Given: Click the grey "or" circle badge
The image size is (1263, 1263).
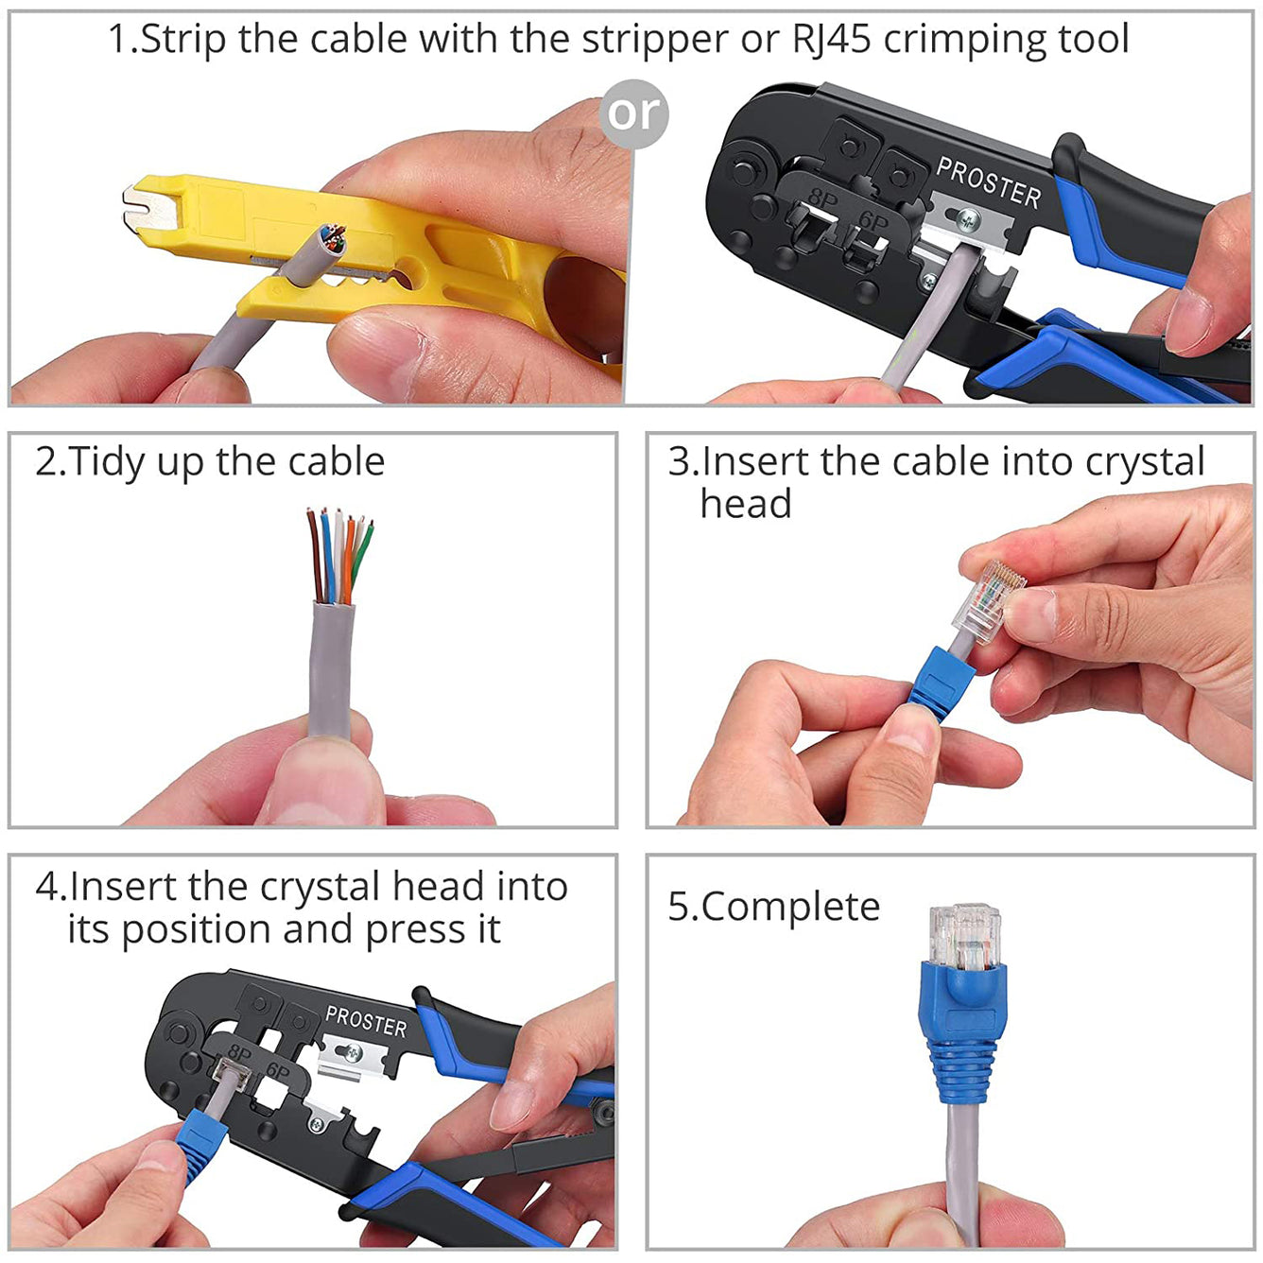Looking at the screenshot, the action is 633,114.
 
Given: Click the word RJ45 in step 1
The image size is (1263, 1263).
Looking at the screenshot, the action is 832,39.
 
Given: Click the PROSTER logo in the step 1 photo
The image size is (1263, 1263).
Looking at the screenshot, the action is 988,182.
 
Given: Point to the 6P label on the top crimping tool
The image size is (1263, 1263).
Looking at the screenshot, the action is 873,221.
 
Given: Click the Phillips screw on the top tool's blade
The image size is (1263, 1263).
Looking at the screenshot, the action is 967,219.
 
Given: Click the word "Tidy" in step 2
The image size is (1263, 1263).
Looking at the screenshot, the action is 107,463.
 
